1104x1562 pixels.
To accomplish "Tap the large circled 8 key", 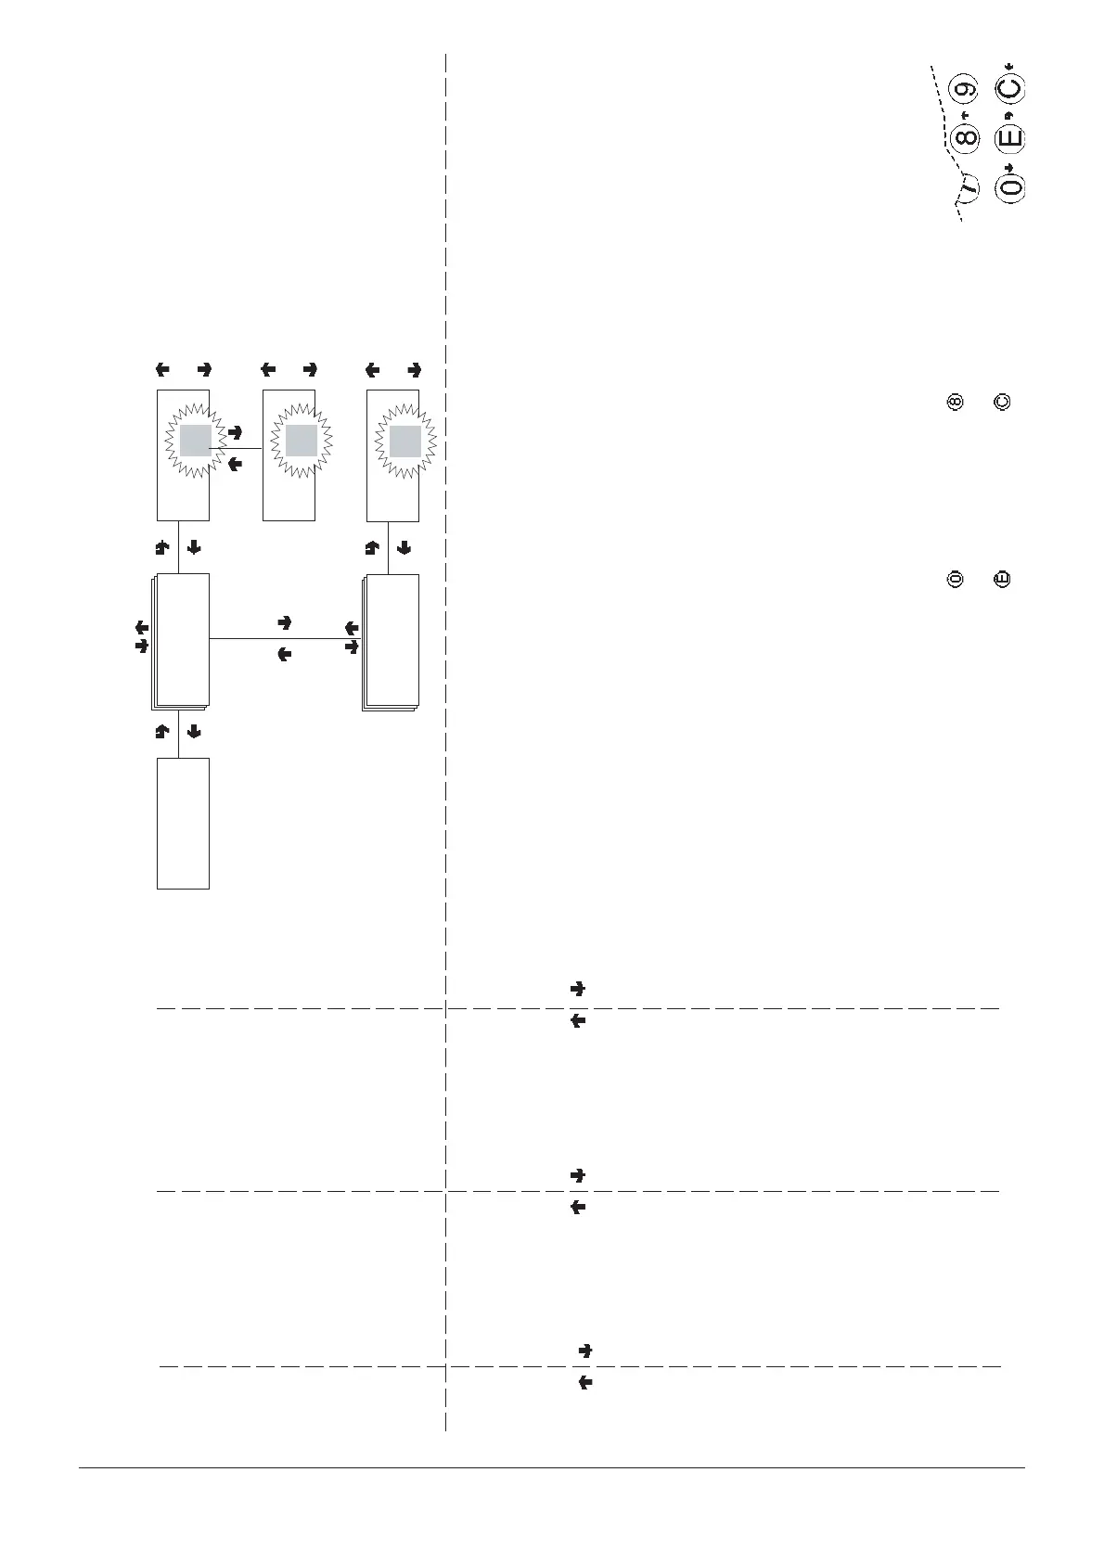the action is pyautogui.click(x=966, y=139).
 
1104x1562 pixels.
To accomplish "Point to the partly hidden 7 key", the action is pyautogui.click(x=969, y=187).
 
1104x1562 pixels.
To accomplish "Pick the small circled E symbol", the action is pyautogui.click(x=1001, y=581).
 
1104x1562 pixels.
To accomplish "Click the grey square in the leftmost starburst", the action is pyautogui.click(x=196, y=442).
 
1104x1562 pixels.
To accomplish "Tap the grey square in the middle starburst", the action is pyautogui.click(x=302, y=442).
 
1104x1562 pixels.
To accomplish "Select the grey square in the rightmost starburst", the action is pyautogui.click(x=405, y=442).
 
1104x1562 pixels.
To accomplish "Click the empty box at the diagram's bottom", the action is pyautogui.click(x=183, y=823).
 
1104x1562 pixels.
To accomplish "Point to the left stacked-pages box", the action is pyautogui.click(x=182, y=640).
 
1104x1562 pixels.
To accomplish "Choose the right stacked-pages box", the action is pyautogui.click(x=392, y=642).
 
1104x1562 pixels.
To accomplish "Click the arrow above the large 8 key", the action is pyautogui.click(x=965, y=115).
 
